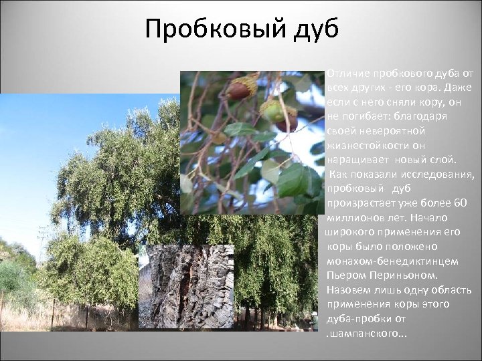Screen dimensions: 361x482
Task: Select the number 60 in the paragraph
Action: click(460, 203)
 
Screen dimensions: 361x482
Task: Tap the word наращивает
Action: click(357, 160)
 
